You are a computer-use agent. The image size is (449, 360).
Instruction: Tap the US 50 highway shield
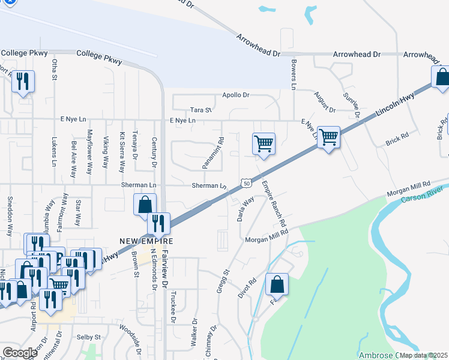[246, 182]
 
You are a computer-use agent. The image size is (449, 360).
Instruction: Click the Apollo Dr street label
[235, 95]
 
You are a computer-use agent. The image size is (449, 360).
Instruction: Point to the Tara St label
[201, 110]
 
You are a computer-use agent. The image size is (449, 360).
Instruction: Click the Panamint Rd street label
[212, 153]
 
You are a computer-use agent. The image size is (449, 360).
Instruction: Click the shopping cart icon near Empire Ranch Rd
[264, 144]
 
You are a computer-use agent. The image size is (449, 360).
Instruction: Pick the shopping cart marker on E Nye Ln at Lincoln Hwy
[328, 137]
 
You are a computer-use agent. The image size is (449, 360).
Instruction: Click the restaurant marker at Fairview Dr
[158, 224]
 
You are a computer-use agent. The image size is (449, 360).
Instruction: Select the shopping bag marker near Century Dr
[145, 205]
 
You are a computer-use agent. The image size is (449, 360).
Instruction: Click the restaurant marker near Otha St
[23, 82]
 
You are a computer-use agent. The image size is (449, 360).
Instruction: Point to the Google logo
[20, 353]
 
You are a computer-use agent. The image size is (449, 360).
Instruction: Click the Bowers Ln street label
[293, 75]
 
